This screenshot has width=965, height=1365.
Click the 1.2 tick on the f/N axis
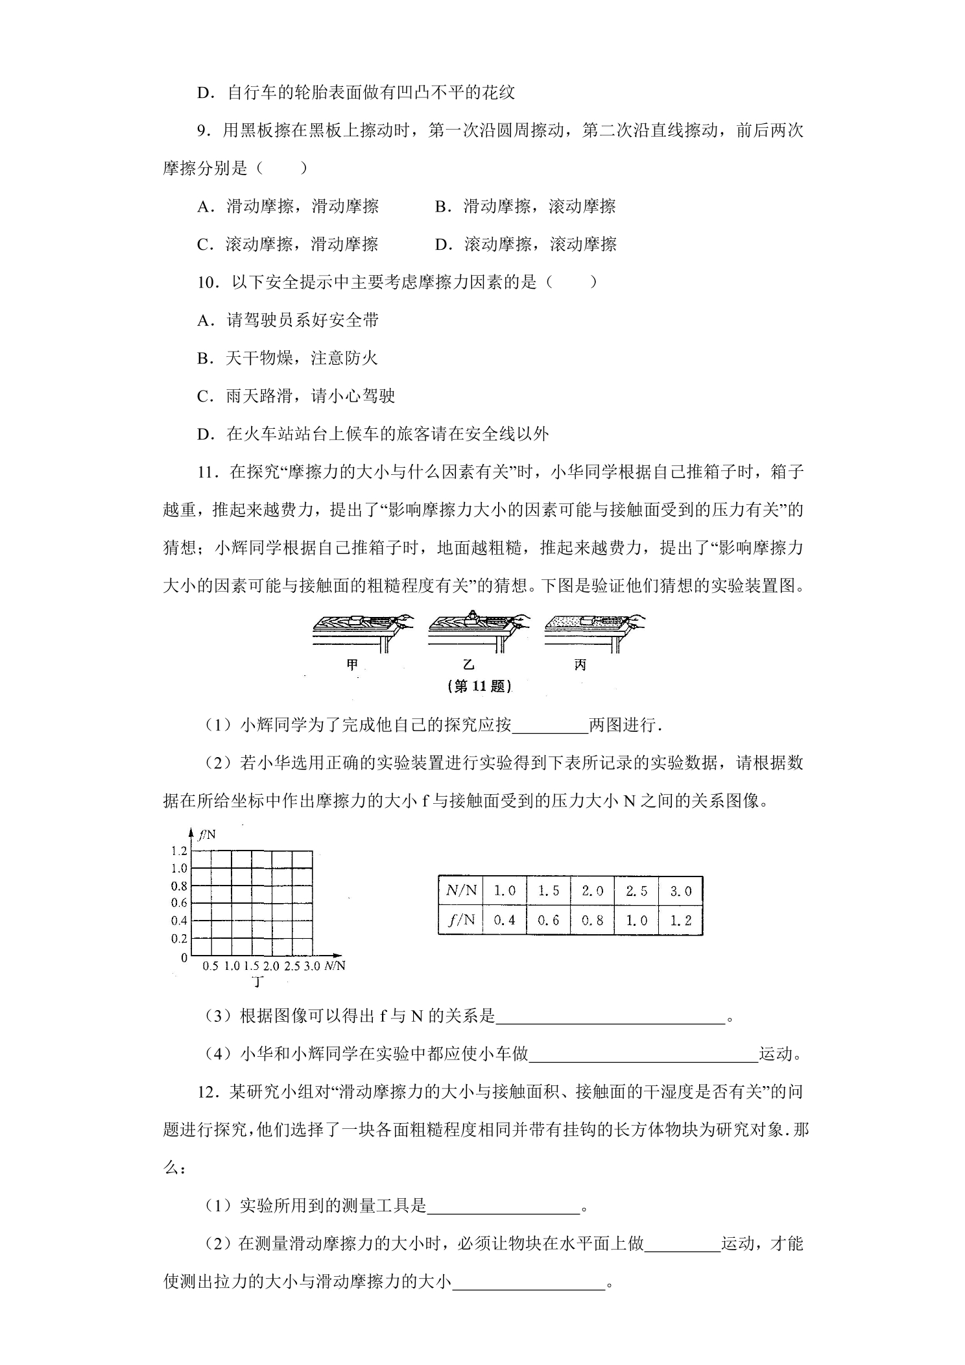[x=179, y=851]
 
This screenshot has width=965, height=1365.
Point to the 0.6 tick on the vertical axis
[x=179, y=902]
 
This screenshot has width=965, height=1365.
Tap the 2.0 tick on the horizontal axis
[x=271, y=966]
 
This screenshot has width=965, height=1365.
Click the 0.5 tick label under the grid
[x=210, y=966]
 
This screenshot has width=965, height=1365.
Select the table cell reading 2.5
[x=636, y=891]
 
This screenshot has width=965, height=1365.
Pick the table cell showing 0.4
[x=504, y=920]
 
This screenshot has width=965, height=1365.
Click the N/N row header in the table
[x=460, y=891]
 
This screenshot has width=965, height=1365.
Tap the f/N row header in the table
[x=461, y=920]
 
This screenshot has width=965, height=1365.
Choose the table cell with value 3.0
[x=680, y=891]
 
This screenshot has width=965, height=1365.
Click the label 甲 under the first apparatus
[x=352, y=665]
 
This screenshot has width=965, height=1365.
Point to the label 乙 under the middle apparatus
[x=468, y=665]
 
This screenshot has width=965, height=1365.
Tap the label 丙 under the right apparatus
[x=580, y=665]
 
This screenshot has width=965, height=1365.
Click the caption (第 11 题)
[x=480, y=686]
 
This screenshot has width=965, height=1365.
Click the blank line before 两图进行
[x=550, y=725]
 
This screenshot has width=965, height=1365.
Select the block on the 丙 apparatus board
[x=588, y=620]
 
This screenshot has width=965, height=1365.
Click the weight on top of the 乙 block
[x=473, y=614]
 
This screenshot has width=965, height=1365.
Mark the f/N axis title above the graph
[x=207, y=835]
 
